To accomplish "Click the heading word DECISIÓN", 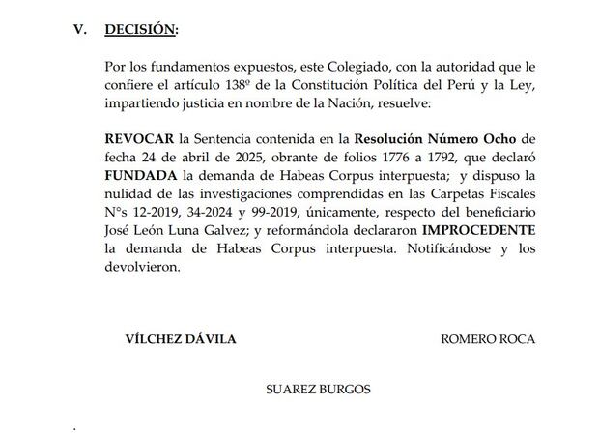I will coord(141,30).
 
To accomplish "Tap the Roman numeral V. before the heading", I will coord(81,30).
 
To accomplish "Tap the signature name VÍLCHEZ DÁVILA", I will coord(181,340).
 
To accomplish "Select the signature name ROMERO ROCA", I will coord(487,340).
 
